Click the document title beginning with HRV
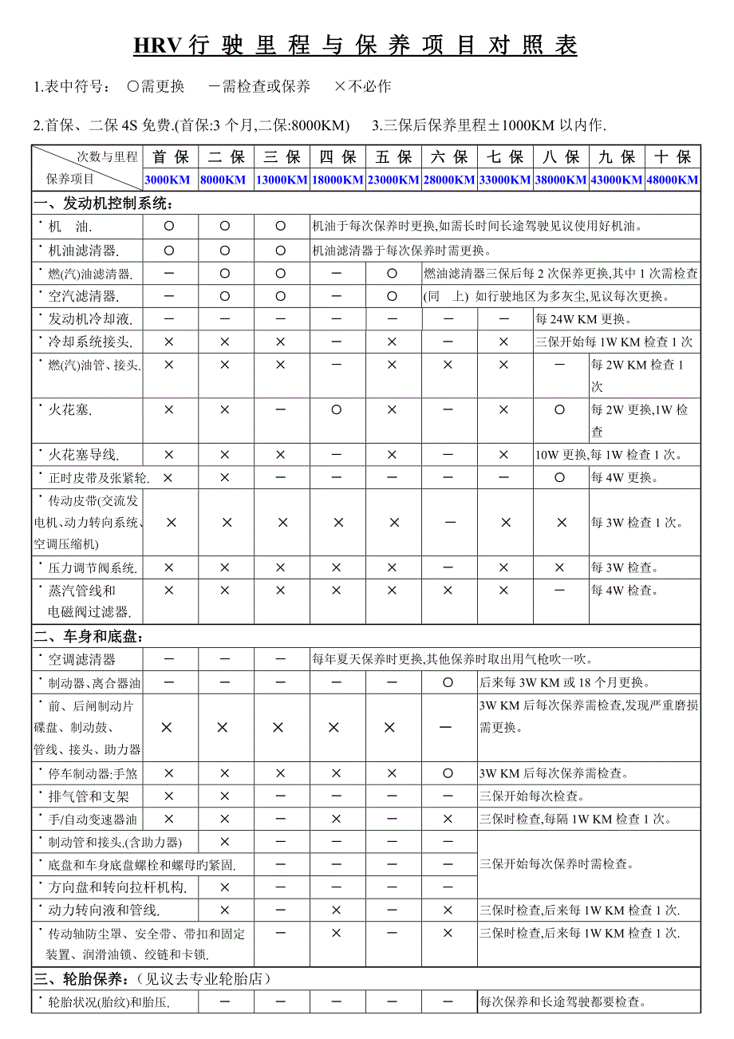[355, 45]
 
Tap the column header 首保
[171, 156]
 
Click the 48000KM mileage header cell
[673, 180]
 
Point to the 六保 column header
[449, 156]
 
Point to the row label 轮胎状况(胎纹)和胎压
[109, 1002]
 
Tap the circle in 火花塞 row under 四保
[337, 410]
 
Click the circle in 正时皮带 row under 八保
[560, 478]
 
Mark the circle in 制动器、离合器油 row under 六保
[448, 683]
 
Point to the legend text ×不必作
[364, 86]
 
